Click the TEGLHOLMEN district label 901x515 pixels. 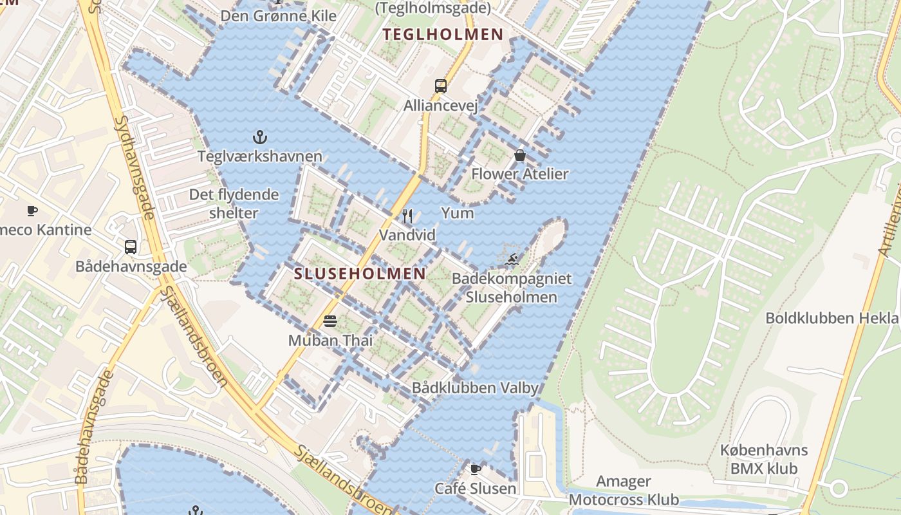[x=443, y=35]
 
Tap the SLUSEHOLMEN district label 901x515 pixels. [x=360, y=274]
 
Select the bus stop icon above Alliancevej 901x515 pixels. [x=441, y=86]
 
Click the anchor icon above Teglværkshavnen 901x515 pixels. [x=260, y=136]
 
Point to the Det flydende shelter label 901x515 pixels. [x=234, y=203]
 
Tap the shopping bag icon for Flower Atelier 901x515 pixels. [x=520, y=155]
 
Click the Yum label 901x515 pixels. [x=458, y=213]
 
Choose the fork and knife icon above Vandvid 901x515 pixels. [x=407, y=216]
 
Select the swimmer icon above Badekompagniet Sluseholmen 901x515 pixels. [x=513, y=260]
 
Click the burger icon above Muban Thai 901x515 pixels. [x=330, y=321]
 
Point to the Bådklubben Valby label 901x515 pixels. [x=475, y=388]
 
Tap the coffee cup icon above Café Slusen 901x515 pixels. [x=476, y=469]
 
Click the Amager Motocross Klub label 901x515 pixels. [x=624, y=491]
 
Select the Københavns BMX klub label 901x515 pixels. [x=764, y=459]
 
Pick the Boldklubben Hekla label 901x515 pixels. [x=831, y=318]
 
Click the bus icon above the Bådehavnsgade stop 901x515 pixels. [x=131, y=247]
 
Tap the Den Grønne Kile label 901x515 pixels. [x=278, y=15]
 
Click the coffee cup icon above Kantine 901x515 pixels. [x=32, y=211]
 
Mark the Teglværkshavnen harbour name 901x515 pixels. [x=260, y=156]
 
